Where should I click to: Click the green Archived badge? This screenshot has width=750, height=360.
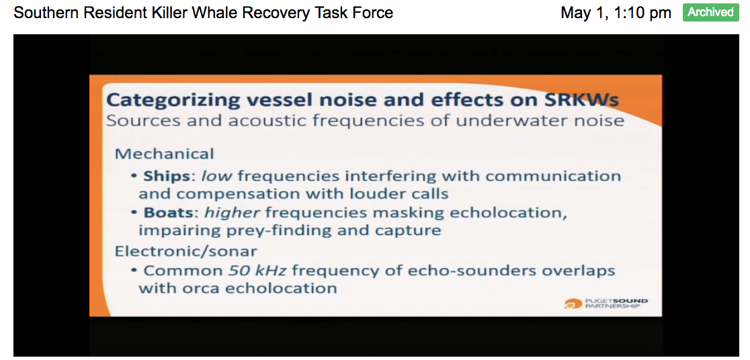click(x=711, y=12)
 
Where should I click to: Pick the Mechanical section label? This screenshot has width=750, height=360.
click(x=164, y=154)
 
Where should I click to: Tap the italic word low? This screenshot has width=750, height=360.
click(x=216, y=176)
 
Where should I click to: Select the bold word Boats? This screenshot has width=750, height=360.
click(x=169, y=212)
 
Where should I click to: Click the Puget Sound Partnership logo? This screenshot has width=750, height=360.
click(x=606, y=304)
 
